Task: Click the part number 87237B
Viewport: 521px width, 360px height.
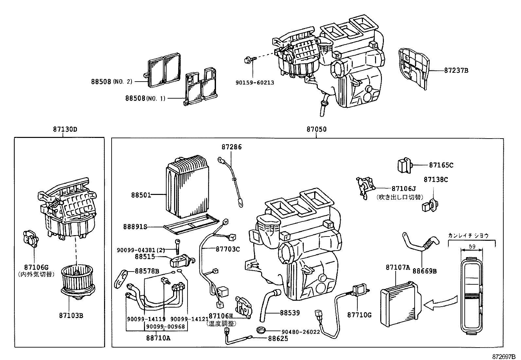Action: tap(456, 70)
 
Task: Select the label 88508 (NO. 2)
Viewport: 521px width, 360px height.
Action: tap(111, 82)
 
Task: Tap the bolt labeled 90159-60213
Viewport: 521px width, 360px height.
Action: tap(249, 60)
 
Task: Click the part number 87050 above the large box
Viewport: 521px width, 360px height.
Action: tap(316, 129)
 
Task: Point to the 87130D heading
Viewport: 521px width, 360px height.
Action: tap(65, 129)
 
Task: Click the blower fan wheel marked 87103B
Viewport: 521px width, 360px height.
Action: tap(77, 282)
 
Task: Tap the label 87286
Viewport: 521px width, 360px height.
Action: tap(231, 147)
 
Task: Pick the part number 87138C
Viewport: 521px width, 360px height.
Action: tap(436, 180)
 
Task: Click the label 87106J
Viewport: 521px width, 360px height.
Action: tap(403, 189)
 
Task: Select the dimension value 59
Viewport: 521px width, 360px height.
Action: tap(472, 246)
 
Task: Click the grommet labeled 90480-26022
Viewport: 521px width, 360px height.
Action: tap(261, 329)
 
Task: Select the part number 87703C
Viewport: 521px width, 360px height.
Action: tap(227, 249)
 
